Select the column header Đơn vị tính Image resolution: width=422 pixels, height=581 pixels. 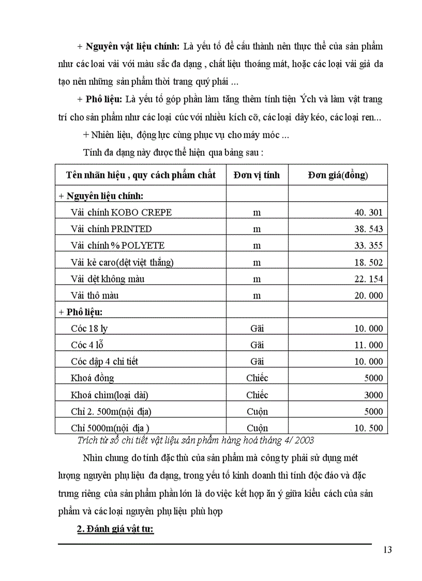pos(257,175)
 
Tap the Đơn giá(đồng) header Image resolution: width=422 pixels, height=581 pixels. pos(338,175)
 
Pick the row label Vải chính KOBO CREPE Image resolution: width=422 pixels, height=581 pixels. pos(121,213)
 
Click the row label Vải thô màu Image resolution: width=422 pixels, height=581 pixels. pos(95,295)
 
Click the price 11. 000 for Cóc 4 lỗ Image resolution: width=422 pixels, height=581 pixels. pos(368,345)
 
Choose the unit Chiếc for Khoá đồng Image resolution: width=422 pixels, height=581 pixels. pos(257,378)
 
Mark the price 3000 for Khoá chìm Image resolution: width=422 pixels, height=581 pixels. pos(373,395)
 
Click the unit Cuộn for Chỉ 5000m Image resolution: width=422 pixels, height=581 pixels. pos(257,428)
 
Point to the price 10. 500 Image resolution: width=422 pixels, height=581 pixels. pos(368,428)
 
